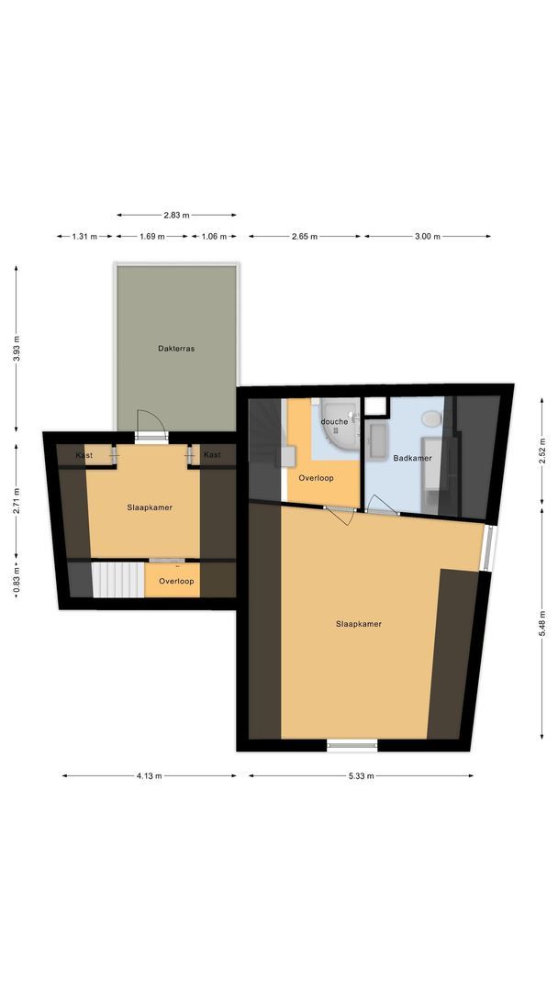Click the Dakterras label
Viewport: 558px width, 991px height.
point(176,349)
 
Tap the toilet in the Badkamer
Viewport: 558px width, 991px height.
point(430,419)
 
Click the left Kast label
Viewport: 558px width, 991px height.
point(84,455)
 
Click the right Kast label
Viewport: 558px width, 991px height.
point(212,455)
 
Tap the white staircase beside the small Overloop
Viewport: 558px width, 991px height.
point(117,580)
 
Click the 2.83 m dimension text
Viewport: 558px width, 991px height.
point(176,216)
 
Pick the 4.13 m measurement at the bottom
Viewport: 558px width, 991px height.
point(150,776)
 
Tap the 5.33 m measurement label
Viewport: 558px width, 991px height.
point(361,776)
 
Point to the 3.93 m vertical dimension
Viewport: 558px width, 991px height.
point(16,350)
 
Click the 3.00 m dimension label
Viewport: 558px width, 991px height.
point(428,237)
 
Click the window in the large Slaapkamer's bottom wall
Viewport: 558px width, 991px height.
point(352,745)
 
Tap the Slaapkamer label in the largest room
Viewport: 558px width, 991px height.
point(359,624)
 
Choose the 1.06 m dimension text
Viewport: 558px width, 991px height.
point(214,237)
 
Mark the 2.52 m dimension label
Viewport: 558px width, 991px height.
point(541,456)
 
